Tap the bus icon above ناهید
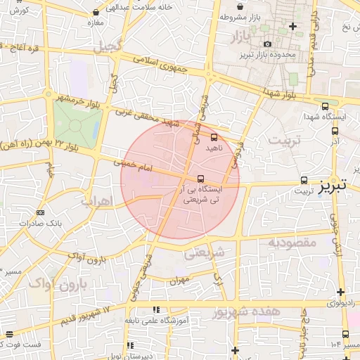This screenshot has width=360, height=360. click(x=214, y=138)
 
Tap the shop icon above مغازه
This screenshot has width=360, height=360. click(x=96, y=13)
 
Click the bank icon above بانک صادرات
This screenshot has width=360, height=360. click(x=40, y=212)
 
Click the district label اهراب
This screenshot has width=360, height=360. click(x=97, y=201)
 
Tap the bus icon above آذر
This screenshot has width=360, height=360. click(x=334, y=130)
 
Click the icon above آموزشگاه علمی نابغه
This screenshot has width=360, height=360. click(x=156, y=309)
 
